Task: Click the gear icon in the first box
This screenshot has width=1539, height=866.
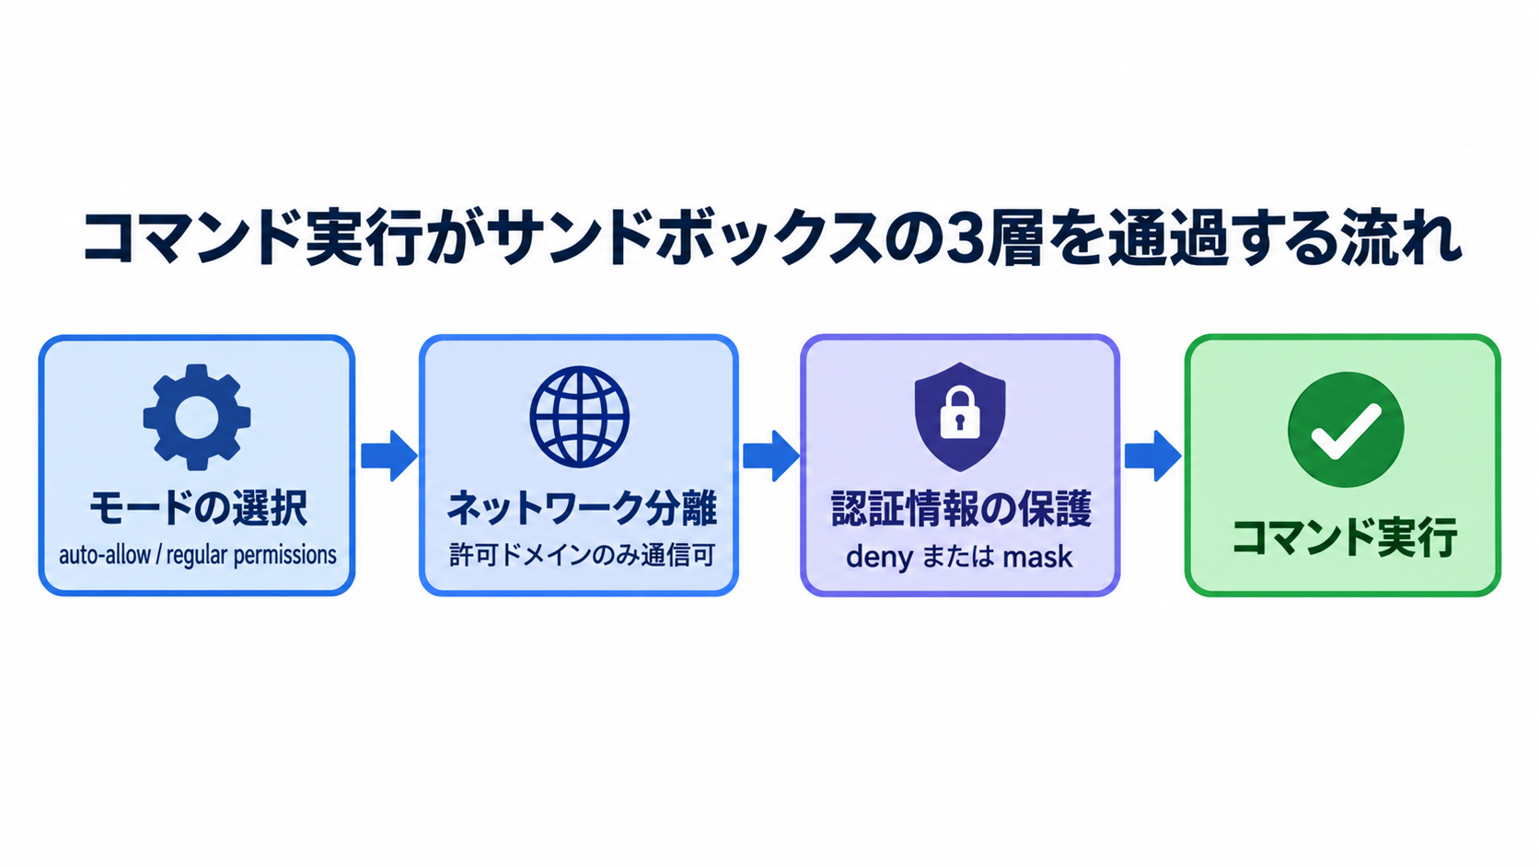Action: [197, 417]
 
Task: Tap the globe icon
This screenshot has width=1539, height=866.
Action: [579, 417]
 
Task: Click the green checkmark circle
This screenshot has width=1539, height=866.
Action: [1346, 429]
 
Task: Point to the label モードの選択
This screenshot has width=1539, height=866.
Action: [199, 508]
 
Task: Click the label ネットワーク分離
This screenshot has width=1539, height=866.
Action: [581, 509]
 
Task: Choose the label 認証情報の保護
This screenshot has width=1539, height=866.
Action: [961, 509]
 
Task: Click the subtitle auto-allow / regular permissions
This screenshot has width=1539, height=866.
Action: [198, 555]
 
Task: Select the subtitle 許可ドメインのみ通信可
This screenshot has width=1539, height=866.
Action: [582, 555]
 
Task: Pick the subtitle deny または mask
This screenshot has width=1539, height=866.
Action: [959, 557]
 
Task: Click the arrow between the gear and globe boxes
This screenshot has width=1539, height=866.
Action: [388, 456]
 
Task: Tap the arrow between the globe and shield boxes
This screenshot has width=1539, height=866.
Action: [770, 456]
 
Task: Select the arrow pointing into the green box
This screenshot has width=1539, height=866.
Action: [1153, 456]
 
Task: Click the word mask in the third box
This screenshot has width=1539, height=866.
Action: [1037, 557]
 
